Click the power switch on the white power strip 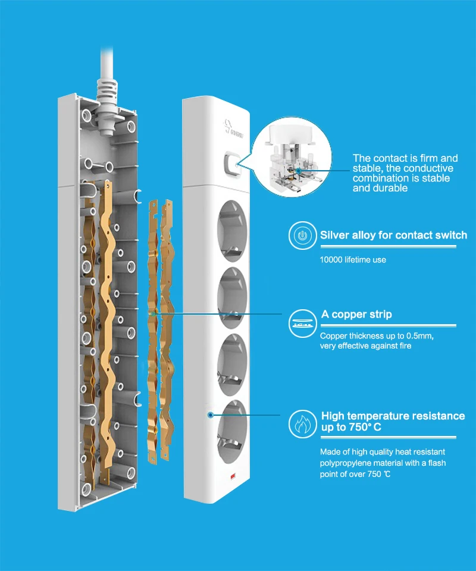[233, 164]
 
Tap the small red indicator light [233, 476]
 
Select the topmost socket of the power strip [232, 231]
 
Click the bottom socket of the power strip [232, 432]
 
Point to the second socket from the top [232, 298]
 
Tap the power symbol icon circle [302, 236]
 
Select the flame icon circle [302, 424]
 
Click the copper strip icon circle [302, 324]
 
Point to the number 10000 [331, 260]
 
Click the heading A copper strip [356, 314]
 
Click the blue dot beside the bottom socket [210, 415]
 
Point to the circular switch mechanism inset [292, 157]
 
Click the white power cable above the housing [107, 62]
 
